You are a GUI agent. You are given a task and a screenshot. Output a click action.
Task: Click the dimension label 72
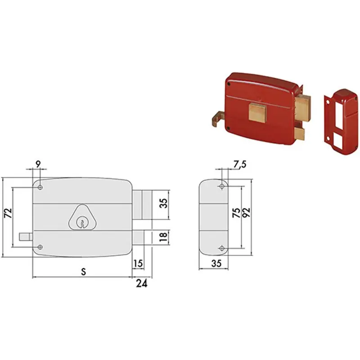(x=8, y=213)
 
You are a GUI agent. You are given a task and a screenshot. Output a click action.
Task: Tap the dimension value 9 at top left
(x=38, y=164)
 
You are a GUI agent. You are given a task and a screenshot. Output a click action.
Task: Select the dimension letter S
(x=84, y=272)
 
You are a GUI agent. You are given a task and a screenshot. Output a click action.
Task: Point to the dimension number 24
(x=142, y=284)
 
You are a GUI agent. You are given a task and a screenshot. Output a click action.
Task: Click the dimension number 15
(x=138, y=263)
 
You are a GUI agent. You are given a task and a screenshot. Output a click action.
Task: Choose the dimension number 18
(x=163, y=237)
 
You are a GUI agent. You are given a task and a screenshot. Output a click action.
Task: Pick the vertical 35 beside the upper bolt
(x=163, y=203)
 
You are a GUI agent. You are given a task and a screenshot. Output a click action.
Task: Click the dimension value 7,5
(x=240, y=164)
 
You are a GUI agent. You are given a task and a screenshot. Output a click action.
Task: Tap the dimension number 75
(x=237, y=213)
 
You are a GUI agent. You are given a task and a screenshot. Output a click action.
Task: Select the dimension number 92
(x=246, y=213)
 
